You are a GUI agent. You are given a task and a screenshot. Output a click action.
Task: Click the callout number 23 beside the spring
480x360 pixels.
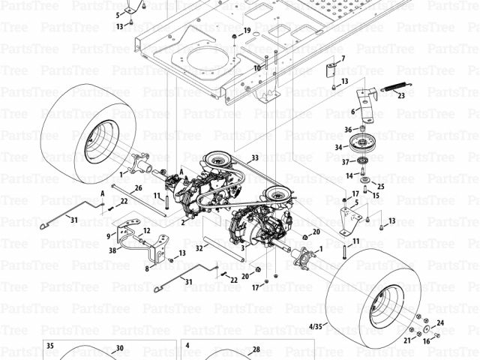[401, 95]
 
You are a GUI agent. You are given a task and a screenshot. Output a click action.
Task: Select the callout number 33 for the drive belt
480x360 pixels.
[255, 157]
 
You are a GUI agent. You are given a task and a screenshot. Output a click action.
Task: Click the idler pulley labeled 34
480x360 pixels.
[361, 143]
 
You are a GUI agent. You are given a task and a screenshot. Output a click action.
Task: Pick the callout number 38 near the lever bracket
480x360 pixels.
[112, 250]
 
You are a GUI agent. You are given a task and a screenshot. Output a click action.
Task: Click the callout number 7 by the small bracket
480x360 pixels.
[343, 58]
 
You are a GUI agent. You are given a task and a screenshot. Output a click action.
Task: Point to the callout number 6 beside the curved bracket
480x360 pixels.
[352, 112]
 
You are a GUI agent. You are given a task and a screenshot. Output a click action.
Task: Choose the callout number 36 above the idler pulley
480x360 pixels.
[349, 129]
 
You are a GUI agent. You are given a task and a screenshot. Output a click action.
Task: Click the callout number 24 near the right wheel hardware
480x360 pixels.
[440, 322]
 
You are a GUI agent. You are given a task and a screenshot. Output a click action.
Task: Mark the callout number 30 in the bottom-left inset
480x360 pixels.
[119, 348]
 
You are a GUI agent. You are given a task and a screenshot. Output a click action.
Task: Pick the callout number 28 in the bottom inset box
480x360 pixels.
[256, 349]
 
